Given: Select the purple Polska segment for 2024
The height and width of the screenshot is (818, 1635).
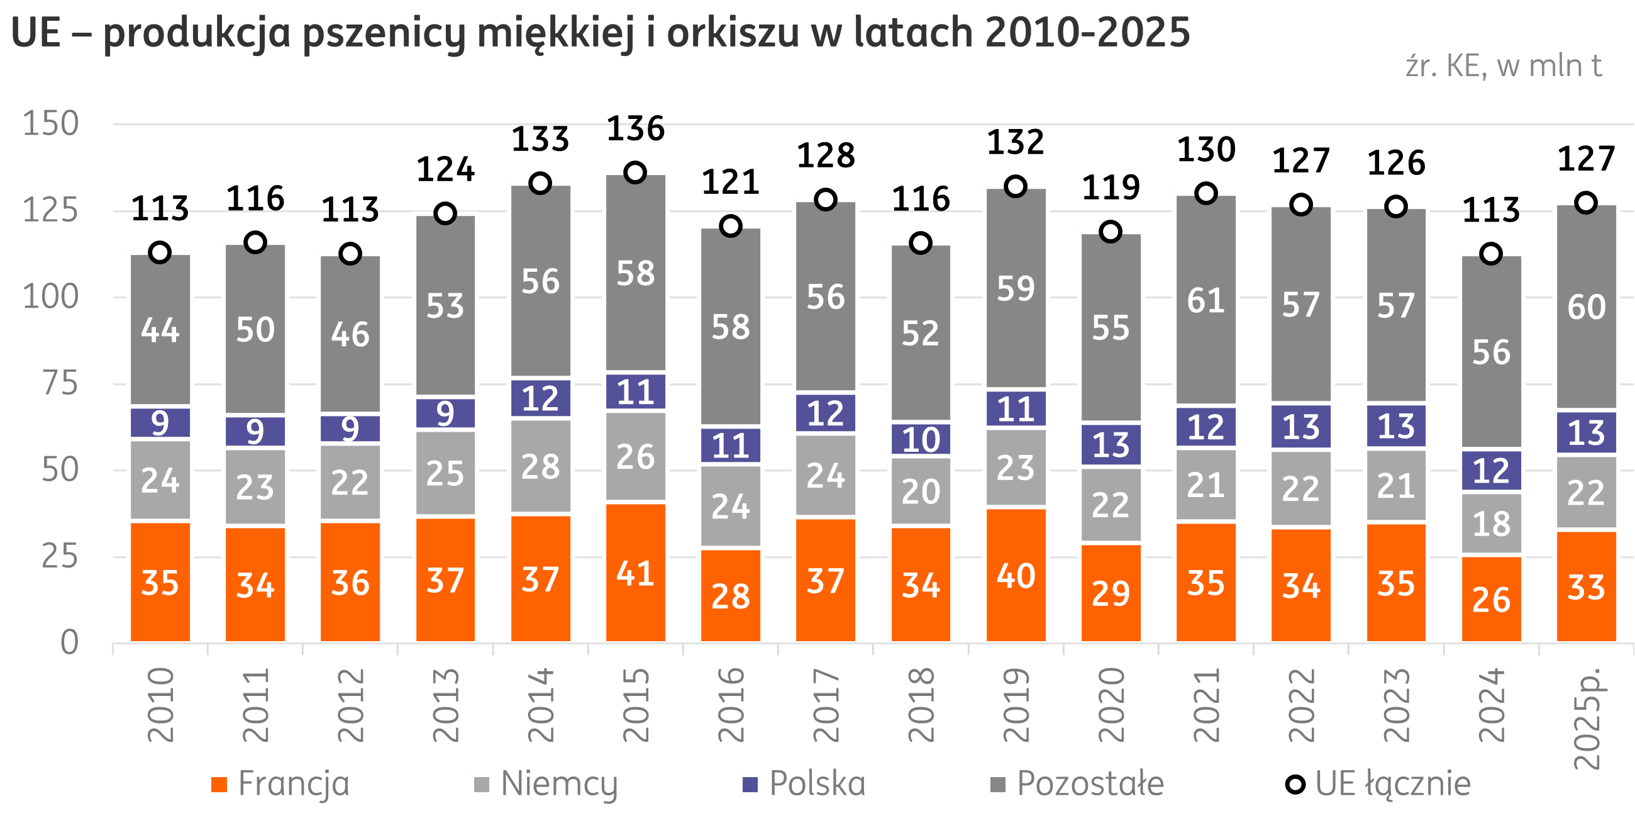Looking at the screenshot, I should pyautogui.click(x=1491, y=471).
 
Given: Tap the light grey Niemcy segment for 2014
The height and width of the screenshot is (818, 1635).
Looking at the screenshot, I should pyautogui.click(x=540, y=466).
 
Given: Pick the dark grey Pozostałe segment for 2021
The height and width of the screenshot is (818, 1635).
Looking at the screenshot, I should pyautogui.click(x=1206, y=300).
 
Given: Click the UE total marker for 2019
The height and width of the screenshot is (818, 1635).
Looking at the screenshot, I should pyautogui.click(x=1016, y=187).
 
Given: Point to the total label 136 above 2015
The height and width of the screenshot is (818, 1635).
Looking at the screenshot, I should pyautogui.click(x=635, y=129).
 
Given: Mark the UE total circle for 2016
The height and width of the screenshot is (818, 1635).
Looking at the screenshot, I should pyautogui.click(x=731, y=226).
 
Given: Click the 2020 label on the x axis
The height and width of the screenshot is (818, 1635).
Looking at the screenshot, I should pyautogui.click(x=1111, y=705).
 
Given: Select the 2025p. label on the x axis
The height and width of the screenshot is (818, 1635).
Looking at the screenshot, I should pyautogui.click(x=1587, y=718).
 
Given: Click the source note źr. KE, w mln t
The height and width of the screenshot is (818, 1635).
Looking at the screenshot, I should pyautogui.click(x=1504, y=67).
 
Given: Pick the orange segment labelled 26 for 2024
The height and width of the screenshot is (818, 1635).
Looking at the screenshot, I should pyautogui.click(x=1491, y=599).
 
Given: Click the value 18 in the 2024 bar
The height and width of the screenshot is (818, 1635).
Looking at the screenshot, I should pyautogui.click(x=1491, y=524).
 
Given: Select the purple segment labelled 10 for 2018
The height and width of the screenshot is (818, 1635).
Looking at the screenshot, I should pyautogui.click(x=921, y=439).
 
